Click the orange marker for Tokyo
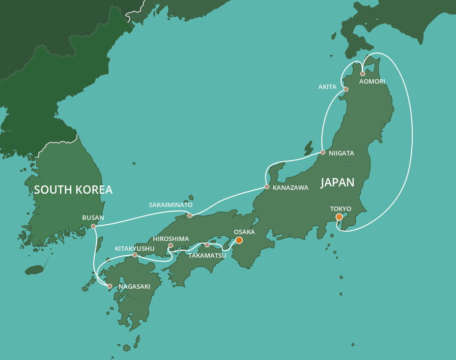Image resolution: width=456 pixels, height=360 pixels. point(339,217)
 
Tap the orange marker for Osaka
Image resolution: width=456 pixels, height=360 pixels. point(239,240)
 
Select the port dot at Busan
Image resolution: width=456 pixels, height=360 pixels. point(93,226)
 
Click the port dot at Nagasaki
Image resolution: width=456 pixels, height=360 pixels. point(110,286)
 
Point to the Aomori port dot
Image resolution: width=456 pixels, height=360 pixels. point(363,74)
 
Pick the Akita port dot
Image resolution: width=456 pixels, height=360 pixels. point(346,89)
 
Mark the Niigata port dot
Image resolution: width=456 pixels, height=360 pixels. point(323,152)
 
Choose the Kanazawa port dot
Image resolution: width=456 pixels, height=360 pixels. point(267,187)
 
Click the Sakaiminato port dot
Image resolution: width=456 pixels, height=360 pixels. point(190,215)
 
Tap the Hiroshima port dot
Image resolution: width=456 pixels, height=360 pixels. point(171,245)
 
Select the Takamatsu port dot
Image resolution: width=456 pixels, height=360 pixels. point(207,245)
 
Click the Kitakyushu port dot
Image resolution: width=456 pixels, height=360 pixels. point(135,255)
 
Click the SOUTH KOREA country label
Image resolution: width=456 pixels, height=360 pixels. point(73,190)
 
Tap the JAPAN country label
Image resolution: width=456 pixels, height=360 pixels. point(337,182)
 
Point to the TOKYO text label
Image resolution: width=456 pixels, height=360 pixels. point(341,209)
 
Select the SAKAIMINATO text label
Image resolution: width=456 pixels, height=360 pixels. point(171,205)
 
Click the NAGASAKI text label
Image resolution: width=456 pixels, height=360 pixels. point(135,286)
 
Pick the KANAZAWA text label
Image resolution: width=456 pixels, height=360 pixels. point(291,188)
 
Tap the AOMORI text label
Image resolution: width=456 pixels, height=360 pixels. point(372,81)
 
